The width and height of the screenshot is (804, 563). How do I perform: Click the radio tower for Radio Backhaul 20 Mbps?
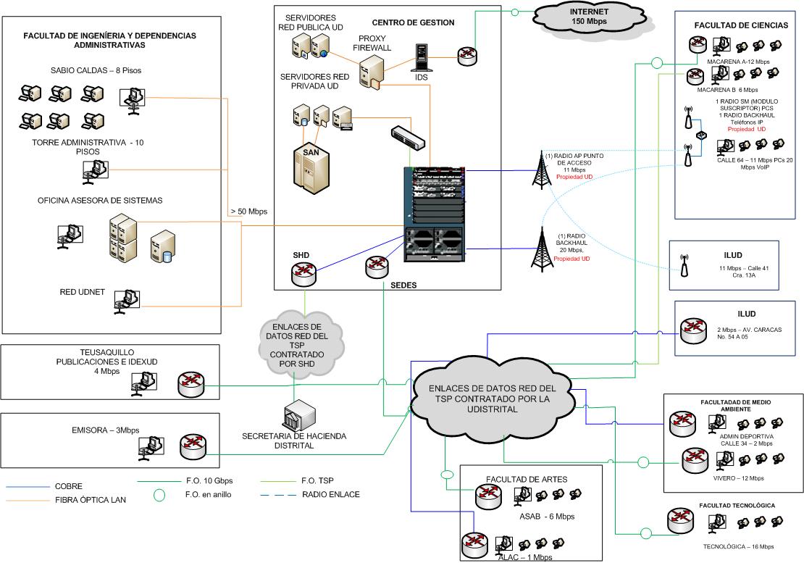pyautogui.click(x=540, y=246)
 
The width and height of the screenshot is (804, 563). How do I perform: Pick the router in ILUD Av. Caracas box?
pyautogui.click(x=692, y=331)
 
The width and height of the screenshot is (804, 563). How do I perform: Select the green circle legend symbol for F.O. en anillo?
pyautogui.click(x=159, y=496)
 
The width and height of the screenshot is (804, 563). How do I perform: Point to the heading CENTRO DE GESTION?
pyautogui.click(x=413, y=22)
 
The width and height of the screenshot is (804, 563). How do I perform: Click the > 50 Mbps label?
pyautogui.click(x=248, y=212)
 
